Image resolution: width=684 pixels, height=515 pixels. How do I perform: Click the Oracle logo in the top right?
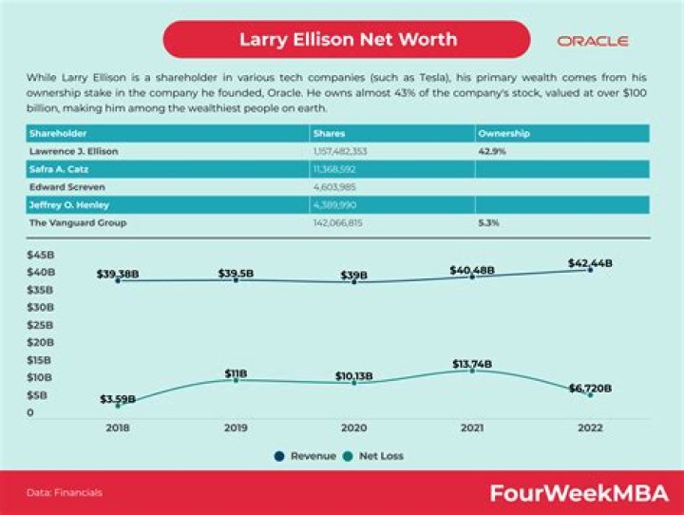click(x=592, y=41)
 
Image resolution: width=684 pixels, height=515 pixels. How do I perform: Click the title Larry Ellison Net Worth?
click(x=347, y=40)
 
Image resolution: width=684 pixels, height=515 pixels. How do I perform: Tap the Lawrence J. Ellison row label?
click(x=74, y=151)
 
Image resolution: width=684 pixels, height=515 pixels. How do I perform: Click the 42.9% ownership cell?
click(x=490, y=151)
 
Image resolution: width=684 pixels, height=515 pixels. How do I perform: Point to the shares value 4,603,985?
click(x=333, y=187)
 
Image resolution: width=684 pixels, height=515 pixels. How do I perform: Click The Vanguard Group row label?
click(x=78, y=222)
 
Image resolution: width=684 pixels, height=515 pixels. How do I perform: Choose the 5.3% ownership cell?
click(x=488, y=222)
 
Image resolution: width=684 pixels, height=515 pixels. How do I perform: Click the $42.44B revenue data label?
click(x=591, y=262)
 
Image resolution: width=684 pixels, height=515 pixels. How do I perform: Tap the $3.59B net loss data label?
click(x=118, y=398)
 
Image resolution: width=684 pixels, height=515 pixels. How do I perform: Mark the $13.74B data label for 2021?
click(x=472, y=363)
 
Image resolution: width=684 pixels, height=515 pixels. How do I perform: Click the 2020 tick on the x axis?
click(x=354, y=429)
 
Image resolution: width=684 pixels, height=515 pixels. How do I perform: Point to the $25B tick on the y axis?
click(x=39, y=325)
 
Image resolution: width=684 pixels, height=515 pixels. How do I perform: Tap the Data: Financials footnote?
click(x=65, y=493)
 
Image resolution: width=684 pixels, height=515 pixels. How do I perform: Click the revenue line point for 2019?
click(x=237, y=280)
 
